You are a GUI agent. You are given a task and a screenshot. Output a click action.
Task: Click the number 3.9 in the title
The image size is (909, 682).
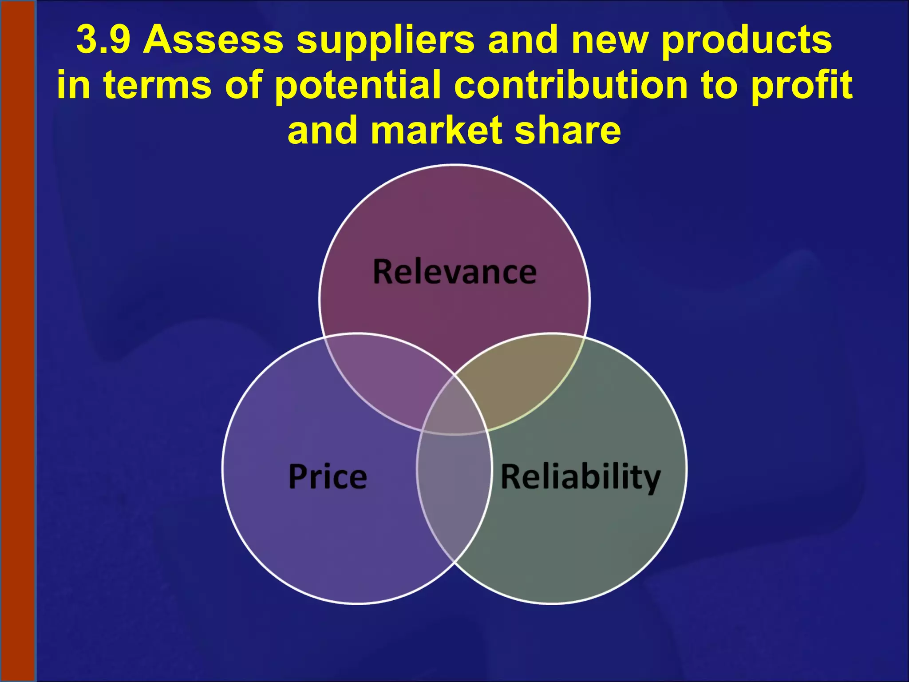click(103, 40)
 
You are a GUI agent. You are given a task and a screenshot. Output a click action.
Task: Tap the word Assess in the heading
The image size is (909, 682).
click(213, 40)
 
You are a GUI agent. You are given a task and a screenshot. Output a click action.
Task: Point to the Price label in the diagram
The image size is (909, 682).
click(328, 476)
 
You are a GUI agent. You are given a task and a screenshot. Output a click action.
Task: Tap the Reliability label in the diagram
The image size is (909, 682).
click(581, 476)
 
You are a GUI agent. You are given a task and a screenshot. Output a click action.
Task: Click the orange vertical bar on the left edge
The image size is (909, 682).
click(18, 341)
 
